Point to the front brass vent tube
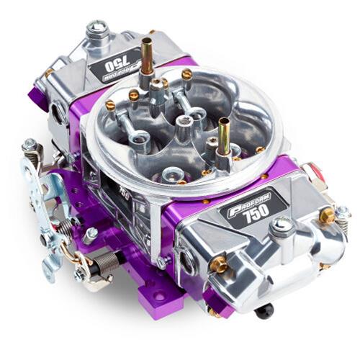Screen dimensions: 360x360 click(x=224, y=132)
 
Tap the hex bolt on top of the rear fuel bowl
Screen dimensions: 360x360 click(x=98, y=30)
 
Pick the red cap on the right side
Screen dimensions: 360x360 click(x=312, y=172)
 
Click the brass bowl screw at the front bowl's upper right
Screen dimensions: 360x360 click(x=328, y=215)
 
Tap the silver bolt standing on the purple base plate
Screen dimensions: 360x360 click(x=90, y=233)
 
